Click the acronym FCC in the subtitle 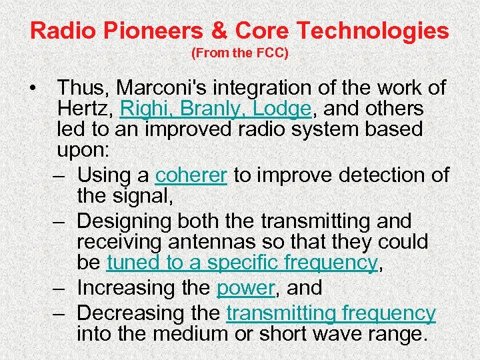tap(273, 53)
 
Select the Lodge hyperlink tap(285, 108)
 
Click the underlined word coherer tap(191, 175)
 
